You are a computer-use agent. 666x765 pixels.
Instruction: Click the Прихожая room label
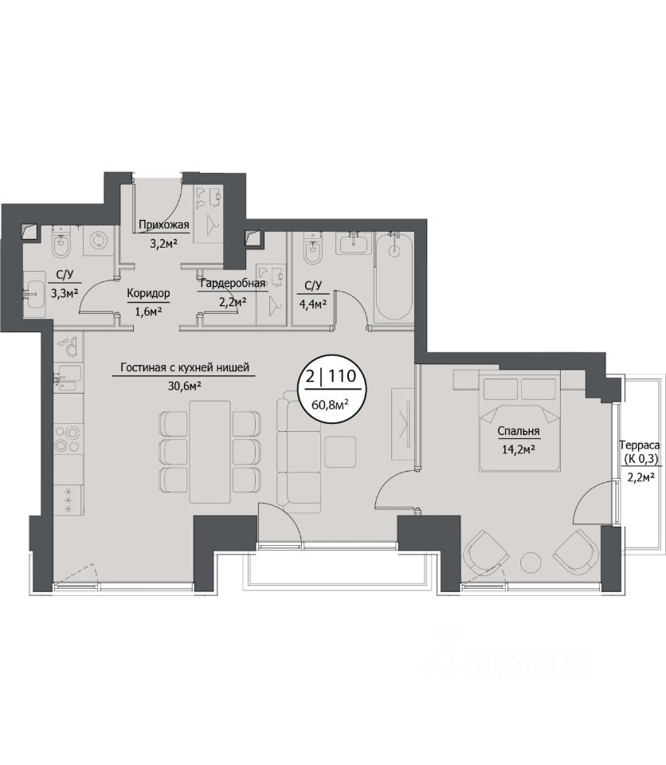click(x=163, y=225)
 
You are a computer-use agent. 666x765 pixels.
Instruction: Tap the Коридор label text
click(x=148, y=293)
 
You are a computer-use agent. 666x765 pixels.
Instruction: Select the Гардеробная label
click(x=233, y=284)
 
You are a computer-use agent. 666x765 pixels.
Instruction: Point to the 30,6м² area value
click(x=185, y=386)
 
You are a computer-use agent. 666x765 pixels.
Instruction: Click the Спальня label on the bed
click(x=518, y=431)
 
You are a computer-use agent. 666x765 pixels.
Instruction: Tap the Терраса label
click(x=639, y=445)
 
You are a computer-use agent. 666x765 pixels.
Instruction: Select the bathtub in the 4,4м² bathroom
click(x=394, y=277)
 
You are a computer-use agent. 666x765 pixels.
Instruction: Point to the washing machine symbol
click(x=99, y=241)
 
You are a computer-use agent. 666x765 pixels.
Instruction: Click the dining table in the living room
click(x=210, y=452)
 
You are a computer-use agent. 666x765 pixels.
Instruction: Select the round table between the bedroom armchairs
click(x=531, y=562)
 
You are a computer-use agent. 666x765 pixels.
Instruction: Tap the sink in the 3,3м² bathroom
click(x=33, y=294)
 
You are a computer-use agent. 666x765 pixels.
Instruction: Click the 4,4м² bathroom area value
click(x=311, y=304)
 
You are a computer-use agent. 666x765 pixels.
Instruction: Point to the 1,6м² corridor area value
click(x=148, y=312)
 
